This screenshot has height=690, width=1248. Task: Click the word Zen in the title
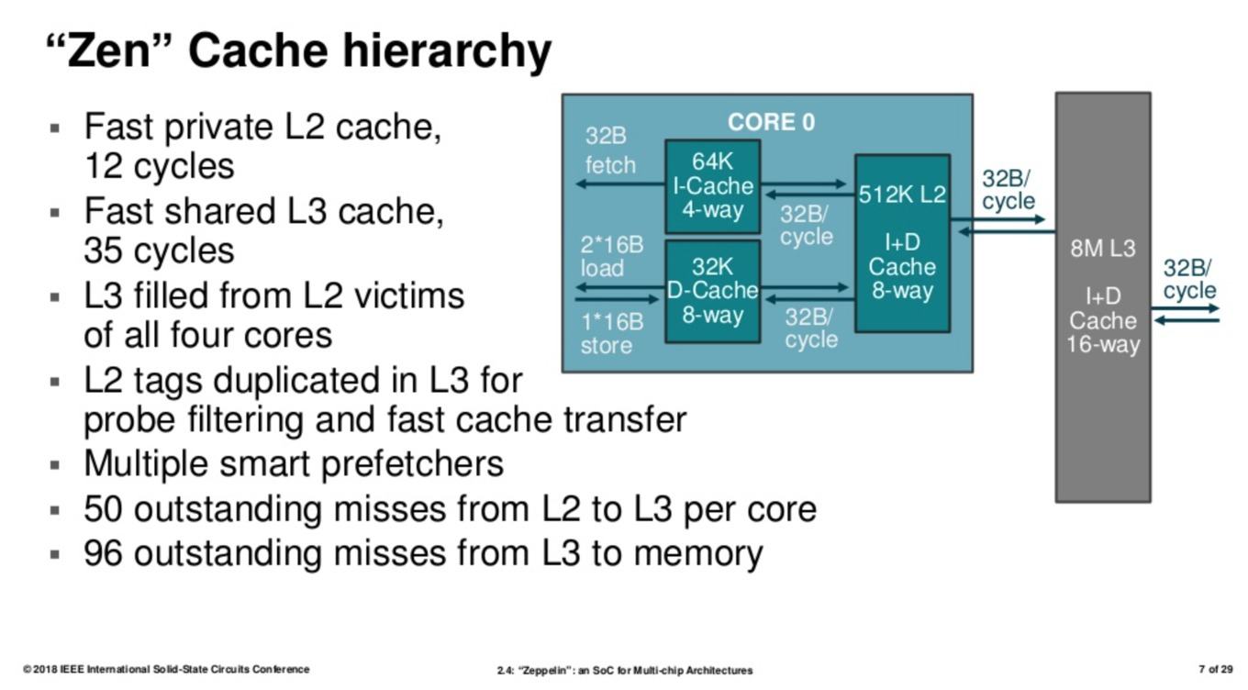point(108,50)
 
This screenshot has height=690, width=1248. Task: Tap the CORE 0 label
point(771,123)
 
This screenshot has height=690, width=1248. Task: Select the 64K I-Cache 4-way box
point(713,186)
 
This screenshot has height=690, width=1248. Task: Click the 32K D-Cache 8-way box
point(713,291)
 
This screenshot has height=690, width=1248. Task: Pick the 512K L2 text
point(902,195)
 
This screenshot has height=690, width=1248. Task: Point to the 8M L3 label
point(1103,249)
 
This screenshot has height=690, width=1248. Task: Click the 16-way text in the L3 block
point(1103,344)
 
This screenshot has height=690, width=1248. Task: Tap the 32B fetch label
point(609,150)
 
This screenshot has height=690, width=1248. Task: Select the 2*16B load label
point(612,256)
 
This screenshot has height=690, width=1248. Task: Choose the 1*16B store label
point(612,334)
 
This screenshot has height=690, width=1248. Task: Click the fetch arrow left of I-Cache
point(620,184)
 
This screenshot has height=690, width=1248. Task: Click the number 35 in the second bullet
point(104,250)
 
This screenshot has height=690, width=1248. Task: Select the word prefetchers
point(412,464)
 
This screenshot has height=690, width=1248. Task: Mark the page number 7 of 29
point(1216,669)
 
